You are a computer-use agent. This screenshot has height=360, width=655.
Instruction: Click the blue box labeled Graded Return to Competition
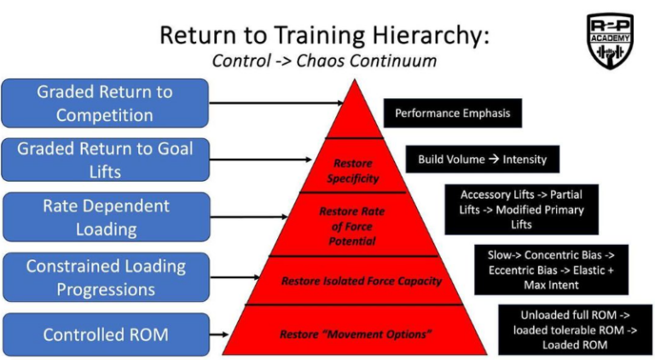point(105,103)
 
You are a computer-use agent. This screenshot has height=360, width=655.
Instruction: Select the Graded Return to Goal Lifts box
point(105,160)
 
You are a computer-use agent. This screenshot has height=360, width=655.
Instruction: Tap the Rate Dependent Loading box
point(105,217)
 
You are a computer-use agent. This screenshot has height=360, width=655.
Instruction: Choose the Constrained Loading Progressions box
point(105,277)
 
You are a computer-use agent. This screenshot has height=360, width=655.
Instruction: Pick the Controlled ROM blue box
point(105,334)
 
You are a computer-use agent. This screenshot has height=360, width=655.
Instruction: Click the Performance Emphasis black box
point(451,113)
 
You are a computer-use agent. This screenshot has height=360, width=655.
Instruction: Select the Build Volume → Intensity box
point(482,160)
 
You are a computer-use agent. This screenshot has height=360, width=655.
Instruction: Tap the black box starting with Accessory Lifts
point(521,210)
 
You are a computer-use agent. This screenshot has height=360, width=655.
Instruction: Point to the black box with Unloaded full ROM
point(574,329)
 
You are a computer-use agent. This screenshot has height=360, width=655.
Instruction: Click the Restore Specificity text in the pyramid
point(352,171)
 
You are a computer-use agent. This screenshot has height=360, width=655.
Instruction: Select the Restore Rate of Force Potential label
point(352,226)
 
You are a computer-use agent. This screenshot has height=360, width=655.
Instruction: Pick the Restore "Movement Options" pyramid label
point(354,334)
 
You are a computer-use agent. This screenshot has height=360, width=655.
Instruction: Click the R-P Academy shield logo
point(610,40)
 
